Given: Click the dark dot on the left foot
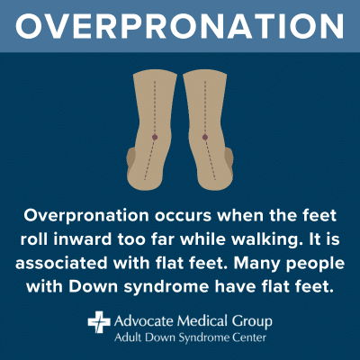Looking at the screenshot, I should pos(155,137).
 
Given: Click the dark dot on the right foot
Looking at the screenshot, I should pos(205,137).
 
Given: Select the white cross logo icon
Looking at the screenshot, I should pos(97,321).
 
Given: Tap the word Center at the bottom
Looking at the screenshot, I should pos(247,339).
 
